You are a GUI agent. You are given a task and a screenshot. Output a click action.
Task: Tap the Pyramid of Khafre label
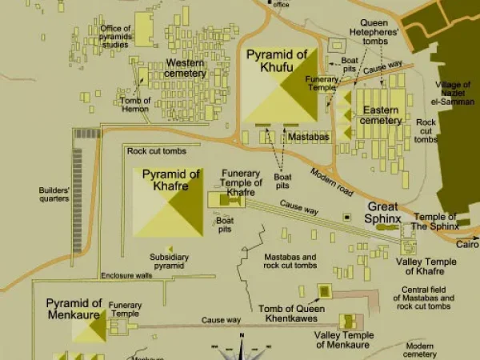170,180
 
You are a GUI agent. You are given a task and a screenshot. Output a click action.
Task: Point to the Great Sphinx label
382,212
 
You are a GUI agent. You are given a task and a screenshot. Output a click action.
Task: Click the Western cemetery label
185,68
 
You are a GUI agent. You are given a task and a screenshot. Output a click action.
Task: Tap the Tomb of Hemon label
135,105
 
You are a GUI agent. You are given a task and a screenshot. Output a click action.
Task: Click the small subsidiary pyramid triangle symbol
170,247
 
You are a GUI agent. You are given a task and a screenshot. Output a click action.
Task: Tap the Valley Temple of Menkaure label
344,340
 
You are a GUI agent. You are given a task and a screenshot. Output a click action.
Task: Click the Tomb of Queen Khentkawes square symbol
325,290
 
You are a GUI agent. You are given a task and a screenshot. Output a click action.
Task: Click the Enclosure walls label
126,276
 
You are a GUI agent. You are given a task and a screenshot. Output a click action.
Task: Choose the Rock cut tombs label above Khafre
157,151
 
